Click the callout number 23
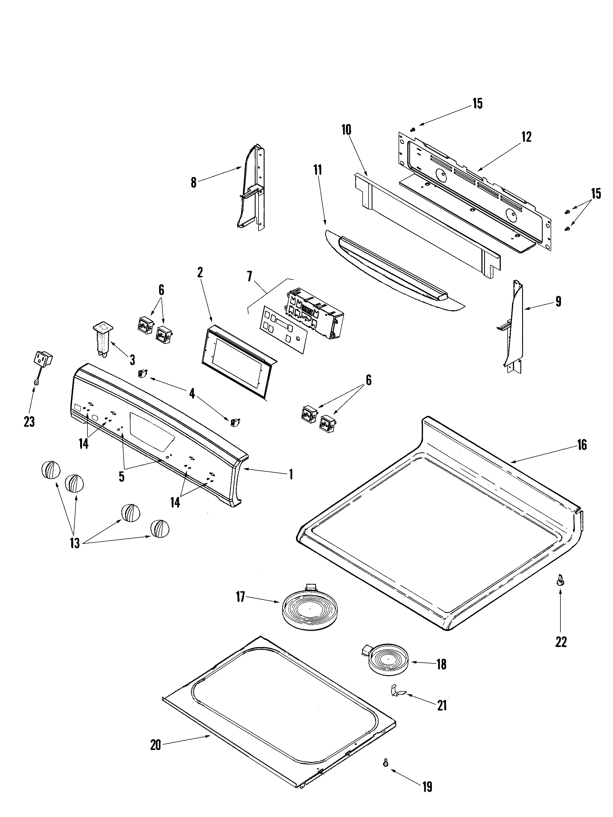(x=29, y=421)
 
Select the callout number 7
(x=250, y=277)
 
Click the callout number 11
(x=317, y=170)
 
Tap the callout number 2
(x=200, y=273)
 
